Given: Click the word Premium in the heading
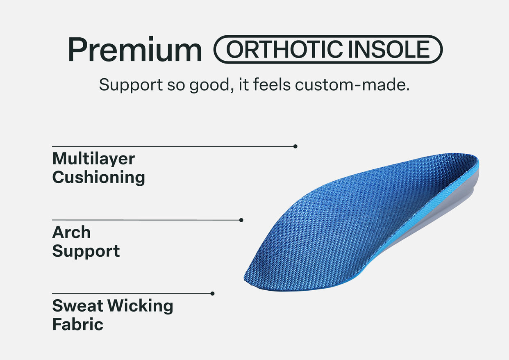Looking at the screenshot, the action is pyautogui.click(x=135, y=49).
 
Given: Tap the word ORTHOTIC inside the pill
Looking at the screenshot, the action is pyautogui.click(x=284, y=49).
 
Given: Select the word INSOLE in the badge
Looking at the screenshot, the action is pyautogui.click(x=389, y=49).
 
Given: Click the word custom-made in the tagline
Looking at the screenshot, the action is pyautogui.click(x=352, y=85).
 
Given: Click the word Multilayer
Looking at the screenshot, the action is pyautogui.click(x=93, y=159).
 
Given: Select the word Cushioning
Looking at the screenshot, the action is pyautogui.click(x=99, y=178).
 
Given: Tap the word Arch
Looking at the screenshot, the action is pyautogui.click(x=71, y=232).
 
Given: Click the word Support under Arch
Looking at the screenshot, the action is pyautogui.click(x=86, y=251).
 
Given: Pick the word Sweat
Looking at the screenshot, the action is pyautogui.click(x=78, y=306).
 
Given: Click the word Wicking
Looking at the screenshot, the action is pyautogui.click(x=140, y=306).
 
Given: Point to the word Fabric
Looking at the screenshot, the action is pyautogui.click(x=78, y=324).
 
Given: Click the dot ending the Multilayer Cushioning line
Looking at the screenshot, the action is pyautogui.click(x=295, y=146).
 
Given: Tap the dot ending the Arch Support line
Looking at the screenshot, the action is pyautogui.click(x=241, y=220).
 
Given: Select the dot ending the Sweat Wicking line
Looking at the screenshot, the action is pyautogui.click(x=212, y=294).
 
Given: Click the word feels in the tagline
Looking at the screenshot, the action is pyautogui.click(x=272, y=84).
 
